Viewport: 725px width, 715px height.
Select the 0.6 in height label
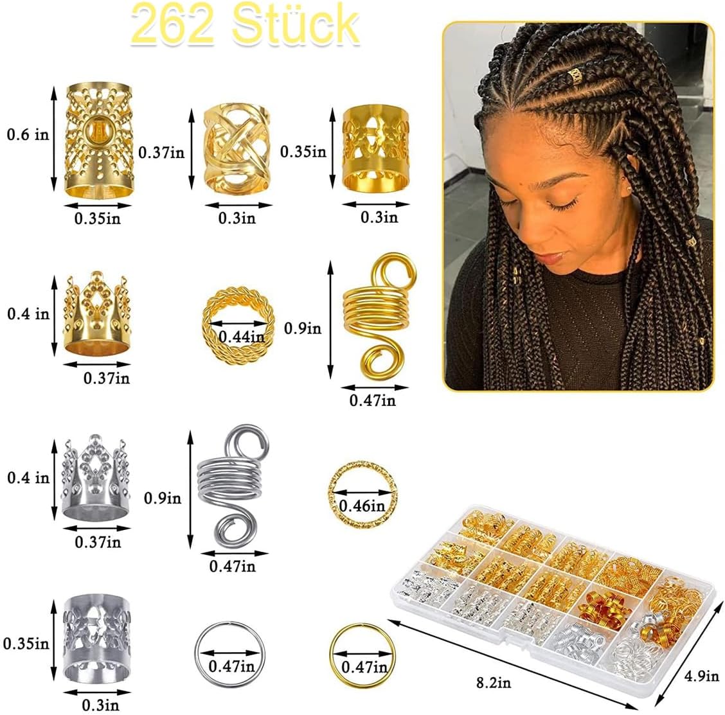(x=28, y=135)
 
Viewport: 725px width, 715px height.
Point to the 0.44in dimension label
(x=240, y=337)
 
